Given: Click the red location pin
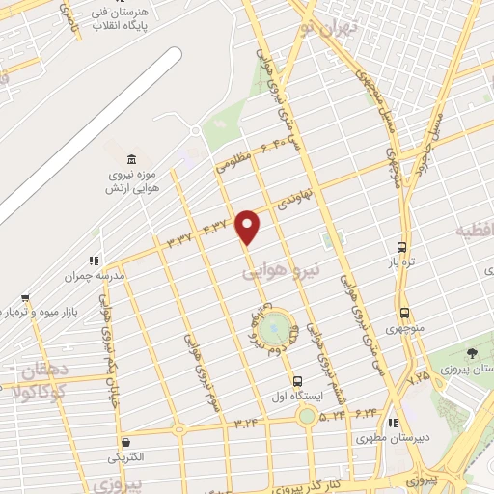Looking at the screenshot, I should point(248,226).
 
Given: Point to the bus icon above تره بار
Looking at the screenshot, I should point(401,246).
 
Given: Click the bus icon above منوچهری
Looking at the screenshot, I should point(404,314).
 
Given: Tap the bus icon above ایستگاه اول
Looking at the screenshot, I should point(297,381).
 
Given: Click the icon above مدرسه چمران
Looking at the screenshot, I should point(94,261).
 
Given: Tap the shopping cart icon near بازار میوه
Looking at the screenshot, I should point(24,299).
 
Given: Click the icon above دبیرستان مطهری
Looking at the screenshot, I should point(392,423).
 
